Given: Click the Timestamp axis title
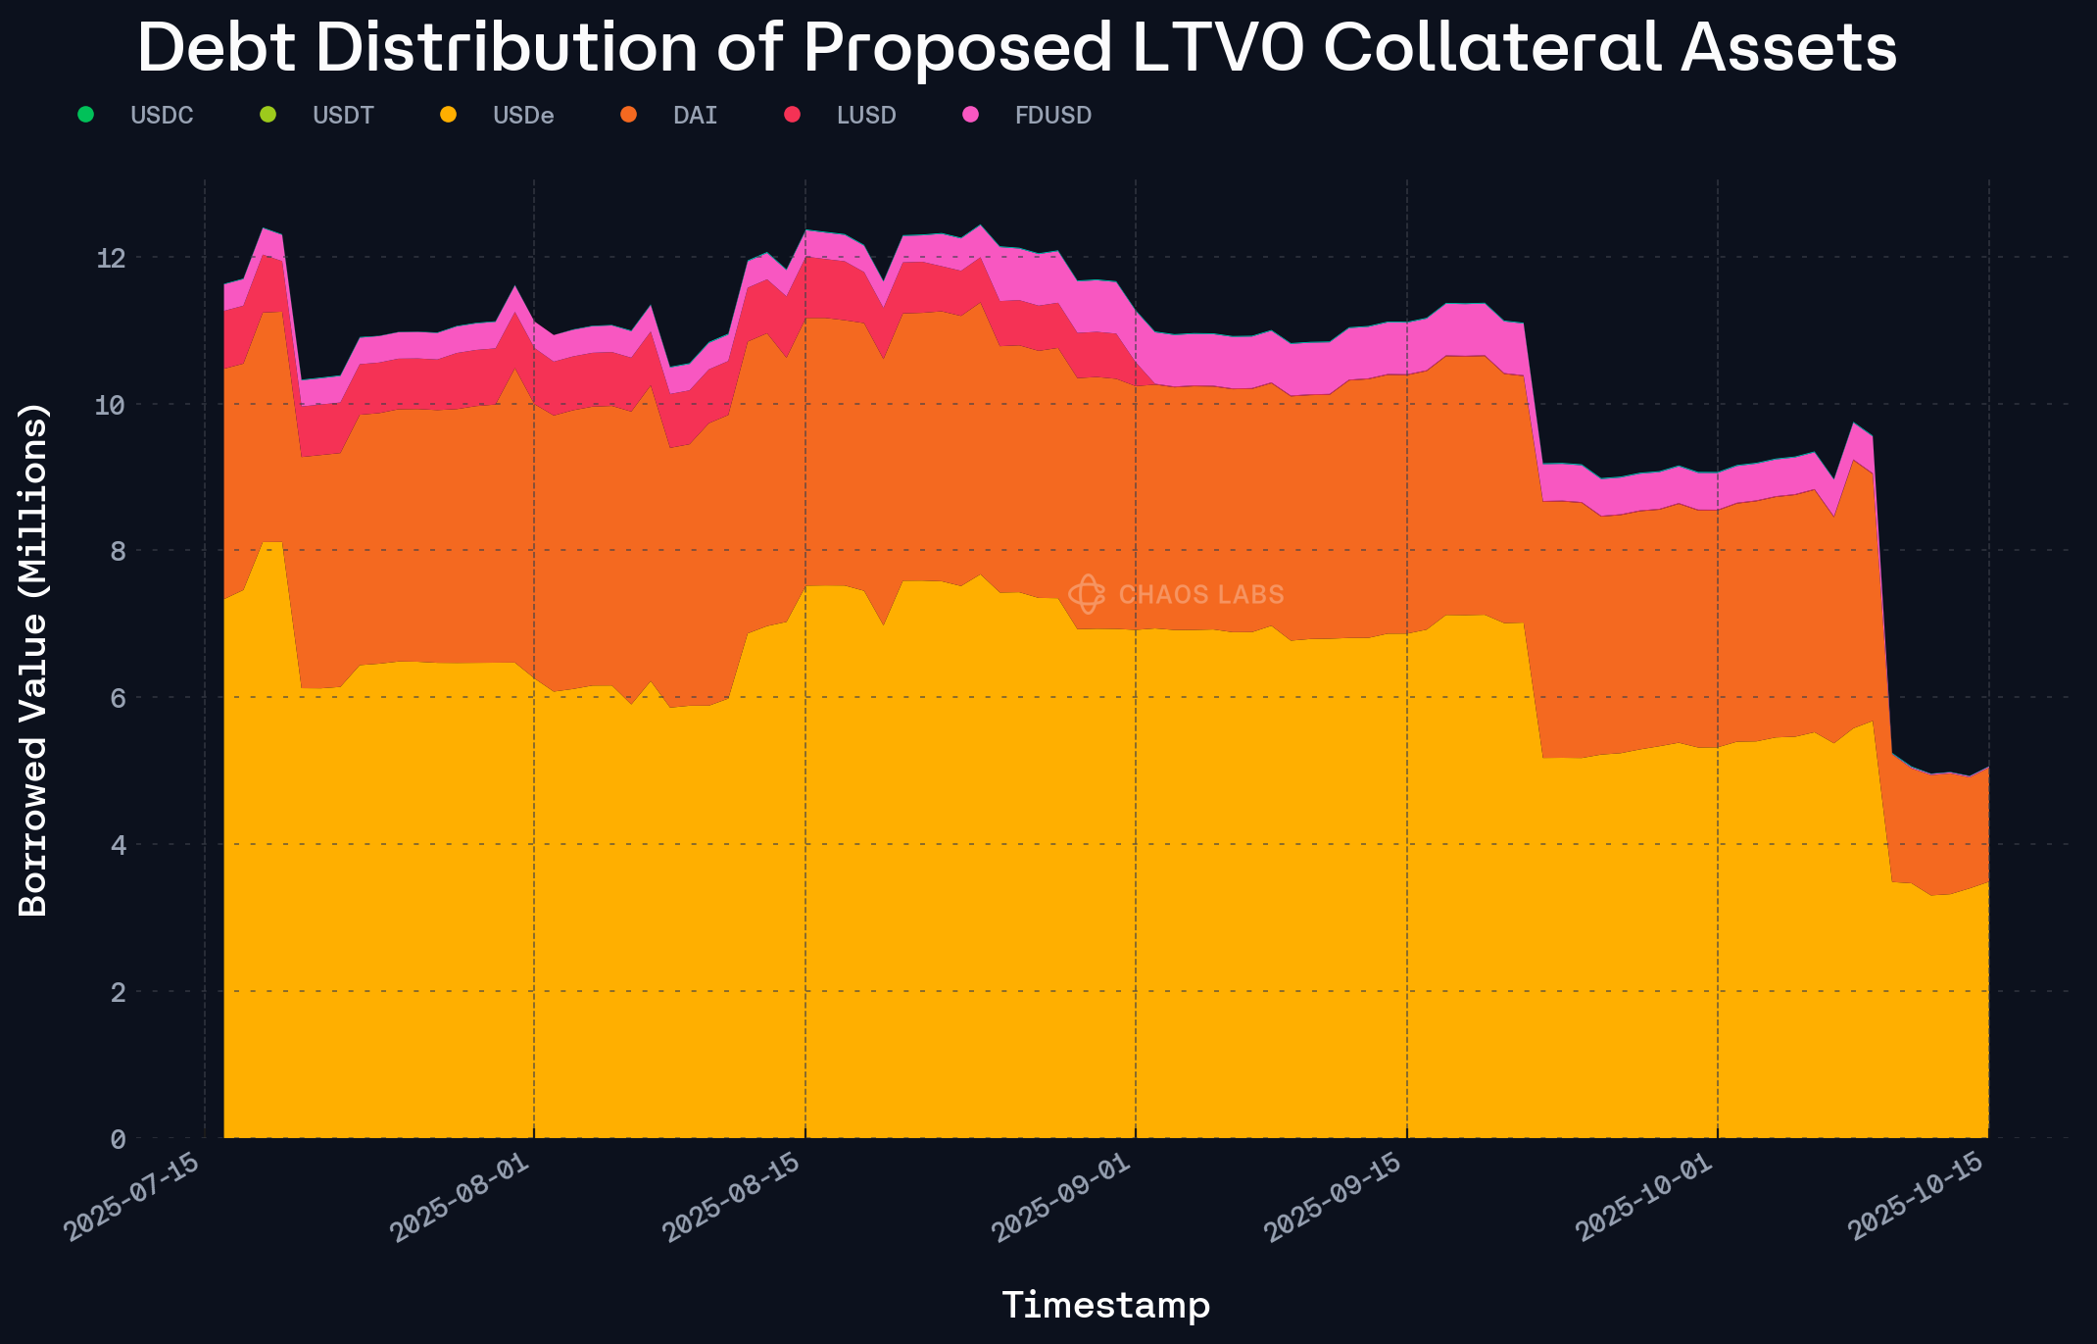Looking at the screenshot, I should (1105, 1305).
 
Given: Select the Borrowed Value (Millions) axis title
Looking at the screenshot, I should (33, 659).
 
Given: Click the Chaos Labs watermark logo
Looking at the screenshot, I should (1086, 594).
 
